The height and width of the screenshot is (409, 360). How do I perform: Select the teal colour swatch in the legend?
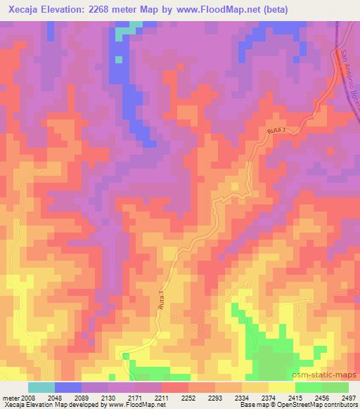41,387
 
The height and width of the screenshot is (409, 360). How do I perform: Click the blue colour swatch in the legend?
68,387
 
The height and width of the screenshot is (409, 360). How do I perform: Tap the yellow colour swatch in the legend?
282,387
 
